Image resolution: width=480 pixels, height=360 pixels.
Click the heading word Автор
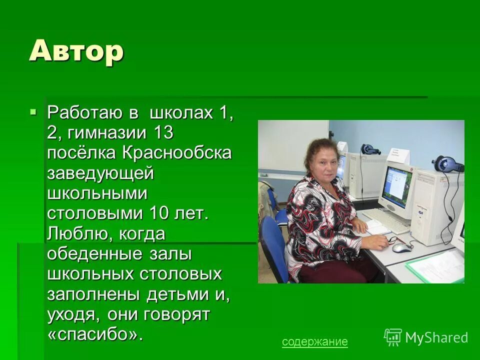point(76,50)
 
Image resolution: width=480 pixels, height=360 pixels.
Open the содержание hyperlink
point(314,342)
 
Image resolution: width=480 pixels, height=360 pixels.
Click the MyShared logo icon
point(393,337)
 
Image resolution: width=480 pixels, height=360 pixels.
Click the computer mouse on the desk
point(401,247)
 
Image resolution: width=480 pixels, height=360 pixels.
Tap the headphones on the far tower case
point(370,149)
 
